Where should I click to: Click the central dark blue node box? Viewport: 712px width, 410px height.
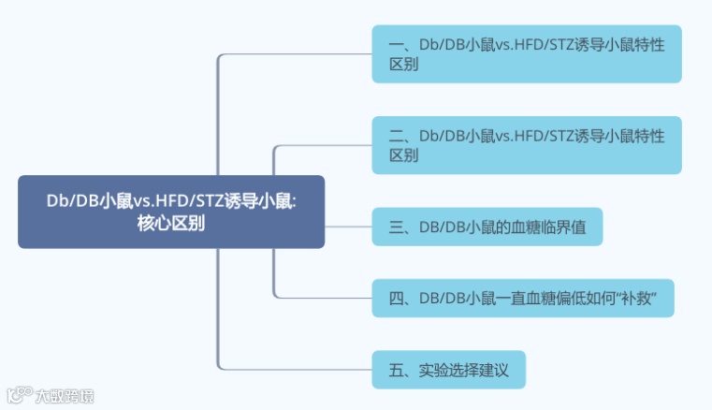tap(171, 212)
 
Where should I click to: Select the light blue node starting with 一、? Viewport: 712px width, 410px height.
tap(527, 54)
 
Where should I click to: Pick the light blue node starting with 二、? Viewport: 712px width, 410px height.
tap(527, 145)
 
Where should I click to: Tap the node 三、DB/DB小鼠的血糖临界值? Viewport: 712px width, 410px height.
tap(487, 227)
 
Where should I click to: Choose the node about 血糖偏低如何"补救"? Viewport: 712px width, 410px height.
tap(523, 298)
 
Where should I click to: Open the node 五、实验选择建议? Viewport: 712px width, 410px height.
tap(448, 369)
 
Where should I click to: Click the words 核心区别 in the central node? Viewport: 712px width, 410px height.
tap(171, 225)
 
